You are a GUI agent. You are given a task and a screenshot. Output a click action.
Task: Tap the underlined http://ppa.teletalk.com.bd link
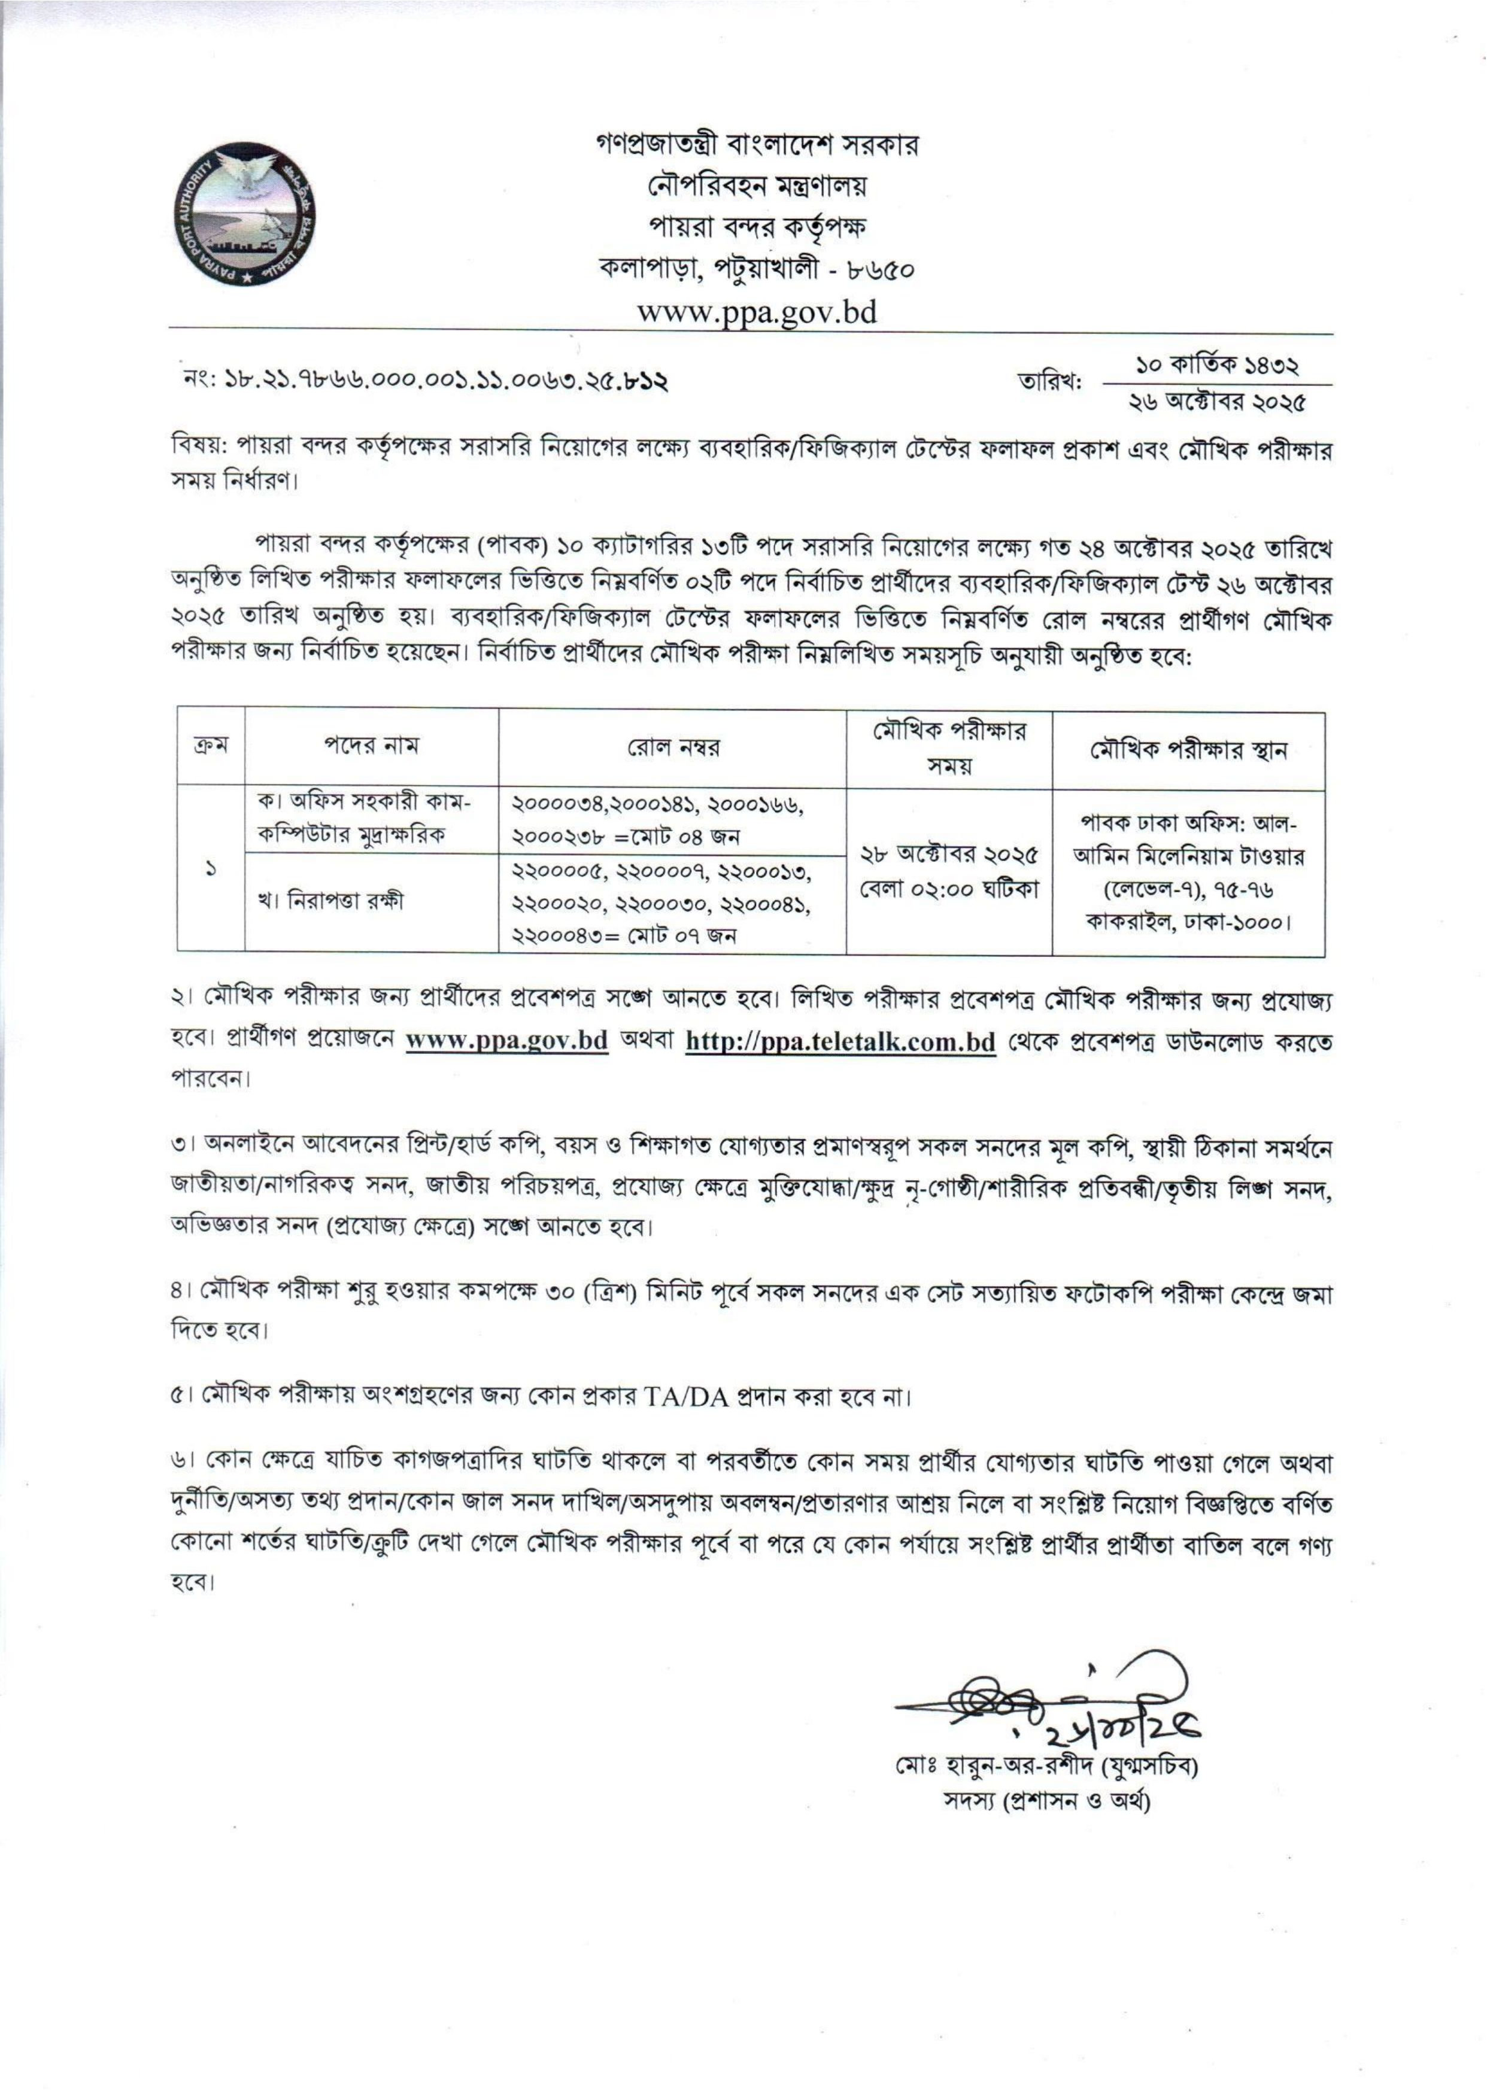[840, 1043]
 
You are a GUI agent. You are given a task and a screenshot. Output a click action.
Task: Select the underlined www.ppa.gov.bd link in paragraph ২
[506, 1043]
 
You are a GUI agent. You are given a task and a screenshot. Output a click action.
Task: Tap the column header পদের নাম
[371, 746]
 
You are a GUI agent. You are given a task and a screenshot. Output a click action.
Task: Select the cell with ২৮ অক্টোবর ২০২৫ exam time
[949, 871]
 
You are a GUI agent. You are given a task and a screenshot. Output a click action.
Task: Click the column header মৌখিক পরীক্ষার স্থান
[1188, 750]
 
